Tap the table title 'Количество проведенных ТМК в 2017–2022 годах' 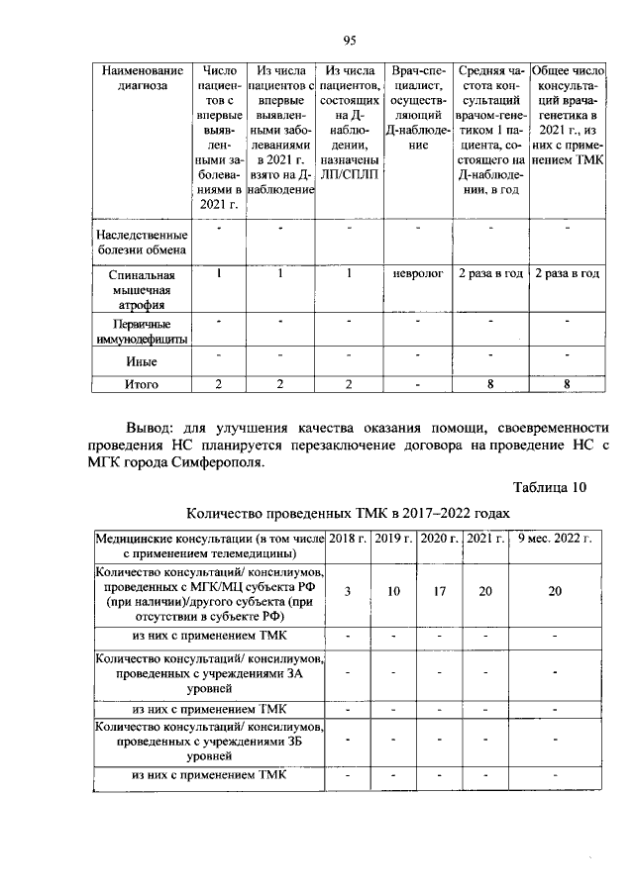pyautogui.click(x=349, y=513)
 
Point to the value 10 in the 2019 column pyautogui.click(x=393, y=591)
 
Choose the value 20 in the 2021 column pyautogui.click(x=484, y=591)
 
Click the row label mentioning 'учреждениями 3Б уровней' pyautogui.click(x=208, y=740)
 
